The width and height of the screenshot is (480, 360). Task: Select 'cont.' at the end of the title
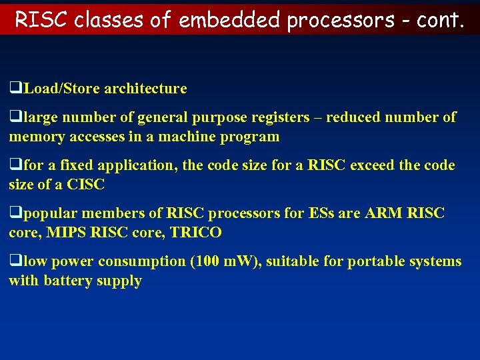pos(439,20)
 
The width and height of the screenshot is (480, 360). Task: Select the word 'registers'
pos(281,118)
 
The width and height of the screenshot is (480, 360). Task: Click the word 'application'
pos(135,165)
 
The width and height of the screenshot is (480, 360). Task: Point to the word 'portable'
pos(376,261)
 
